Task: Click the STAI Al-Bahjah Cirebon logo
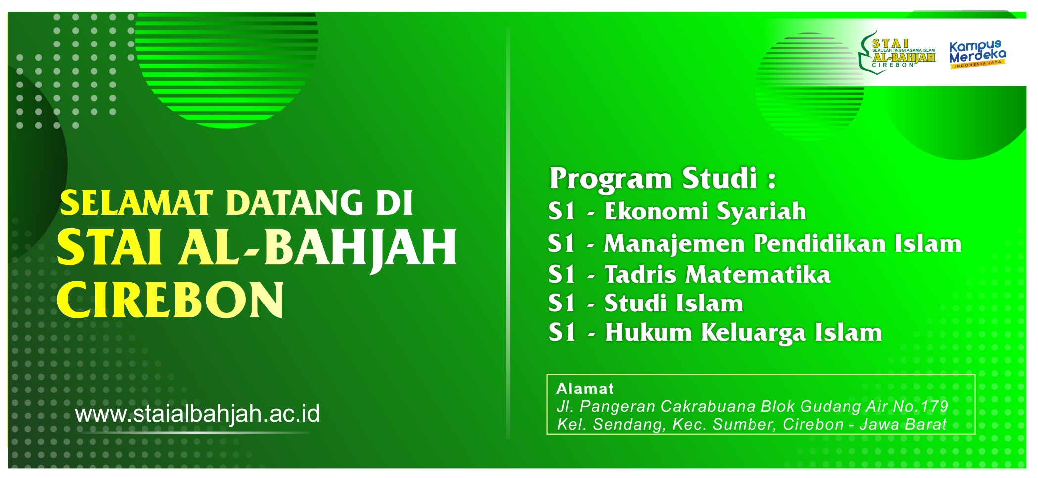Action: [x=897, y=52]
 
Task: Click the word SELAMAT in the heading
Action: [x=136, y=203]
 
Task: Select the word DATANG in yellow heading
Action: [x=294, y=203]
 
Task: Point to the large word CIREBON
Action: [x=171, y=300]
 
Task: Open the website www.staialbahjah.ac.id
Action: [x=197, y=414]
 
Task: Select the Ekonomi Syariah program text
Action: [x=705, y=212]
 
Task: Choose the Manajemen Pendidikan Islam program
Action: [x=782, y=244]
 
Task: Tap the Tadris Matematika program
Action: [x=717, y=275]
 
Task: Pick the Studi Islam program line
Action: [x=673, y=304]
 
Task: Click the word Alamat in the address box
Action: [x=585, y=389]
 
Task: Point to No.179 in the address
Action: [x=920, y=407]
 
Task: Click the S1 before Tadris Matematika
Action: [x=562, y=275]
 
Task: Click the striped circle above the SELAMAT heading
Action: [x=226, y=69]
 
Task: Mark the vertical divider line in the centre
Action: [x=508, y=232]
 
